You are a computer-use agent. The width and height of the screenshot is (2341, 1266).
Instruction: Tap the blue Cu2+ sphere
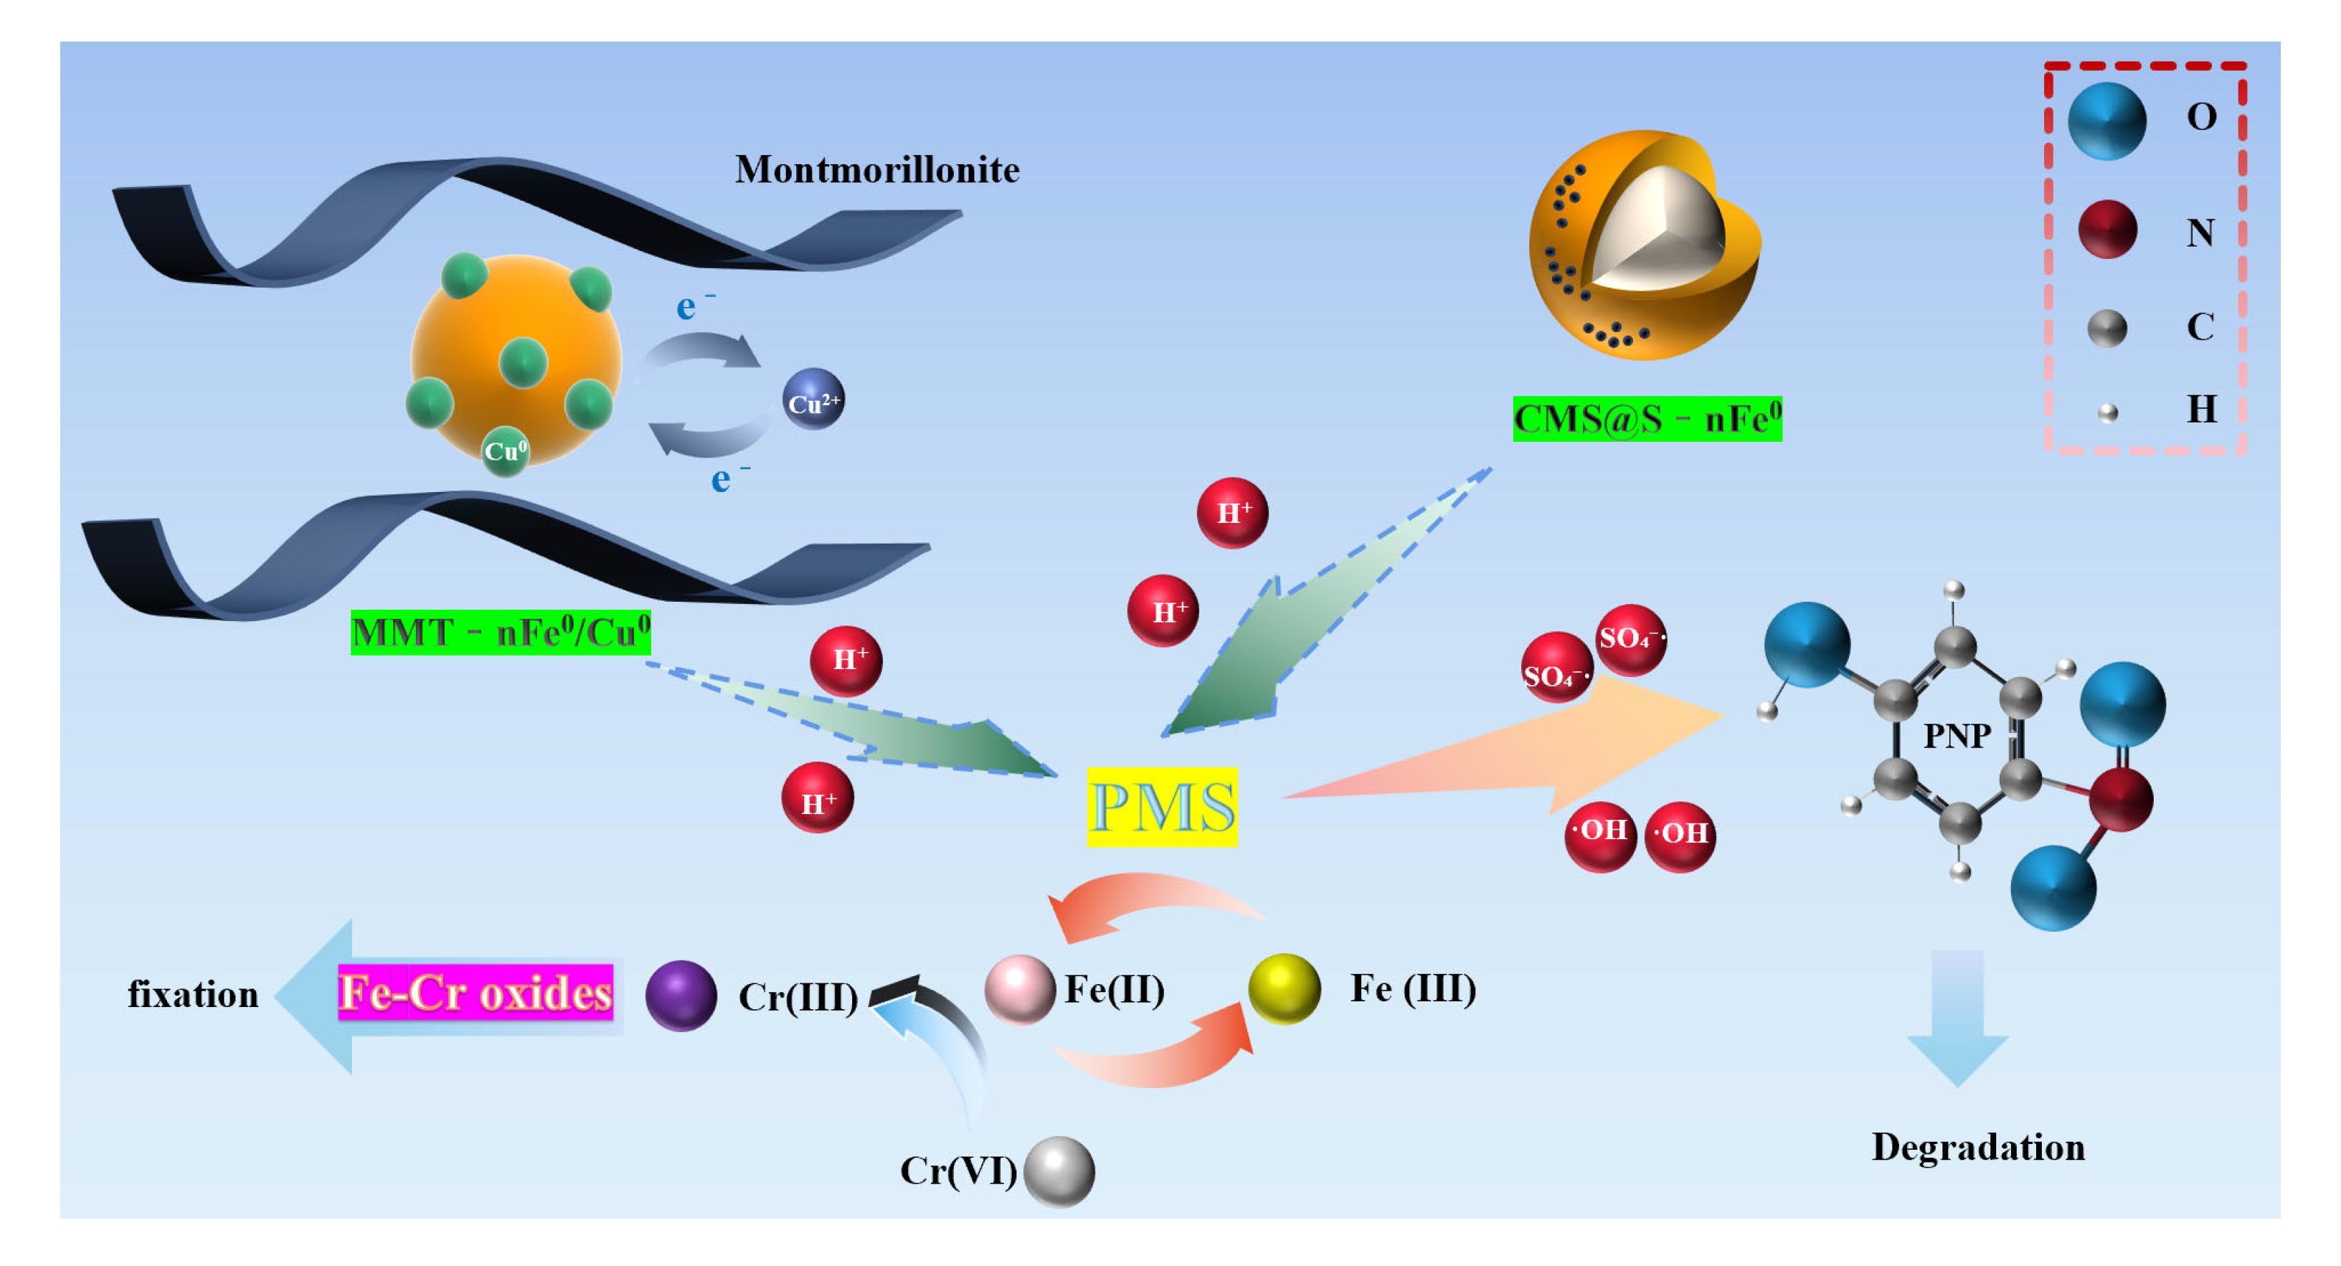(813, 399)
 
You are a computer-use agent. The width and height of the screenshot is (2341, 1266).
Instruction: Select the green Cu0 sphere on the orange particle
(505, 450)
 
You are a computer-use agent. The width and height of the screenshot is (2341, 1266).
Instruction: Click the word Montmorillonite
(877, 170)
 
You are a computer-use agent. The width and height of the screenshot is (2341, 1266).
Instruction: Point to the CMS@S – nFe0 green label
(1647, 419)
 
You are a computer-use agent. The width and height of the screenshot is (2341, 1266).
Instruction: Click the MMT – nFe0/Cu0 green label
(501, 633)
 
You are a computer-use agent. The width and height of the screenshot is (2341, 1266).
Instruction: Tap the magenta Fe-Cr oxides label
(476, 991)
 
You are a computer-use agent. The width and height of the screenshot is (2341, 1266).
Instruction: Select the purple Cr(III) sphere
(681, 995)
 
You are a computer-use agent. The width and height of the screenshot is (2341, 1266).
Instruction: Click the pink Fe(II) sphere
(1020, 989)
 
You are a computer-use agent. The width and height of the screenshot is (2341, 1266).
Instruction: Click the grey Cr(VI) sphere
(1059, 1171)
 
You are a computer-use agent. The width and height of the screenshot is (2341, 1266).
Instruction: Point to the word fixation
(193, 994)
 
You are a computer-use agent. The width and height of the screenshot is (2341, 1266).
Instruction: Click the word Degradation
(1978, 1147)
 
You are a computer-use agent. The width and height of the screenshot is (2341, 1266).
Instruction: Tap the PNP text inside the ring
(1957, 735)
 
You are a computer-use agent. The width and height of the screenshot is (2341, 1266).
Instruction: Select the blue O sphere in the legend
(2106, 121)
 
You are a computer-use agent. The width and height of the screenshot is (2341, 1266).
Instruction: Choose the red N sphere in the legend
(2107, 230)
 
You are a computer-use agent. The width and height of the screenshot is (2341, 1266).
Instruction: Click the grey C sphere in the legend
(2106, 328)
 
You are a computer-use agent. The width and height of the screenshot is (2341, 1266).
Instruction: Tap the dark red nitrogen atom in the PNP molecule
(2120, 799)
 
